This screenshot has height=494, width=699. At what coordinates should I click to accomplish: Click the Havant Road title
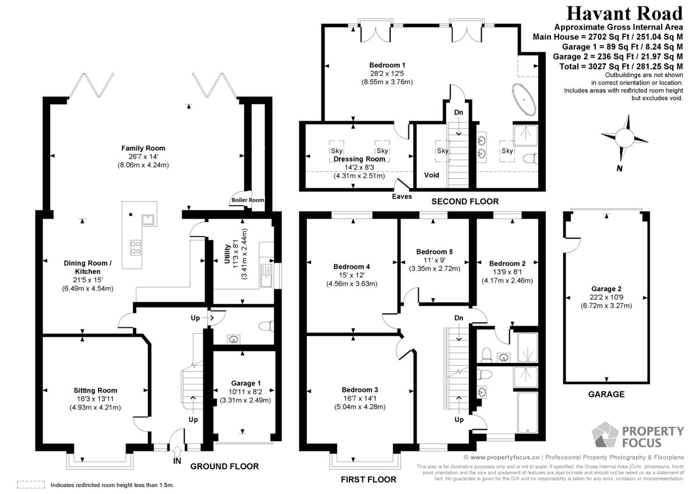point(624,14)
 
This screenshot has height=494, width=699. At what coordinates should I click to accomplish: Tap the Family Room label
point(143,148)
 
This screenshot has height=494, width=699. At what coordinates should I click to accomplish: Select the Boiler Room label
point(248,200)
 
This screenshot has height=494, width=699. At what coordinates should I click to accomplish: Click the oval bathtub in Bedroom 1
point(524,99)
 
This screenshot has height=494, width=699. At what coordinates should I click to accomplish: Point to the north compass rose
point(624,138)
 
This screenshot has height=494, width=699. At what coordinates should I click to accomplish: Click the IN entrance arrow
point(177,451)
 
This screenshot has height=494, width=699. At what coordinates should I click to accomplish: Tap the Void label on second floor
point(431,175)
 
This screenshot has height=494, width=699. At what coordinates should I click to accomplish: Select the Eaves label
point(402,196)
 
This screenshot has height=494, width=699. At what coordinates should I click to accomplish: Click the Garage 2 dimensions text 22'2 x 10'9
point(606,297)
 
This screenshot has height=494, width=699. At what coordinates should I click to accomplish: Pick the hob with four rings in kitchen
point(135,247)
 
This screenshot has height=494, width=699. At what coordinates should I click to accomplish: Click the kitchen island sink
point(148,220)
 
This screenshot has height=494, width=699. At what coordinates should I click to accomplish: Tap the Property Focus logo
point(637,435)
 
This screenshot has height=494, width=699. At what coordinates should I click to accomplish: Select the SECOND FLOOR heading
point(465,202)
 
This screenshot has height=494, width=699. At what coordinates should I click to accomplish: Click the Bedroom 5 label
point(435,252)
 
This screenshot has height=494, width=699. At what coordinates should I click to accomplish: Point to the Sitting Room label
point(96,390)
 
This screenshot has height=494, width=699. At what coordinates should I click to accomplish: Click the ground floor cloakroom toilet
point(266,326)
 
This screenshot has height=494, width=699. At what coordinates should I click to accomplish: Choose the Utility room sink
point(266,276)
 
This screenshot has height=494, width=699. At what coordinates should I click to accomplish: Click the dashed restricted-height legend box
point(31,485)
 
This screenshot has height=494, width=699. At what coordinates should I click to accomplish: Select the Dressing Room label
point(359,159)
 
